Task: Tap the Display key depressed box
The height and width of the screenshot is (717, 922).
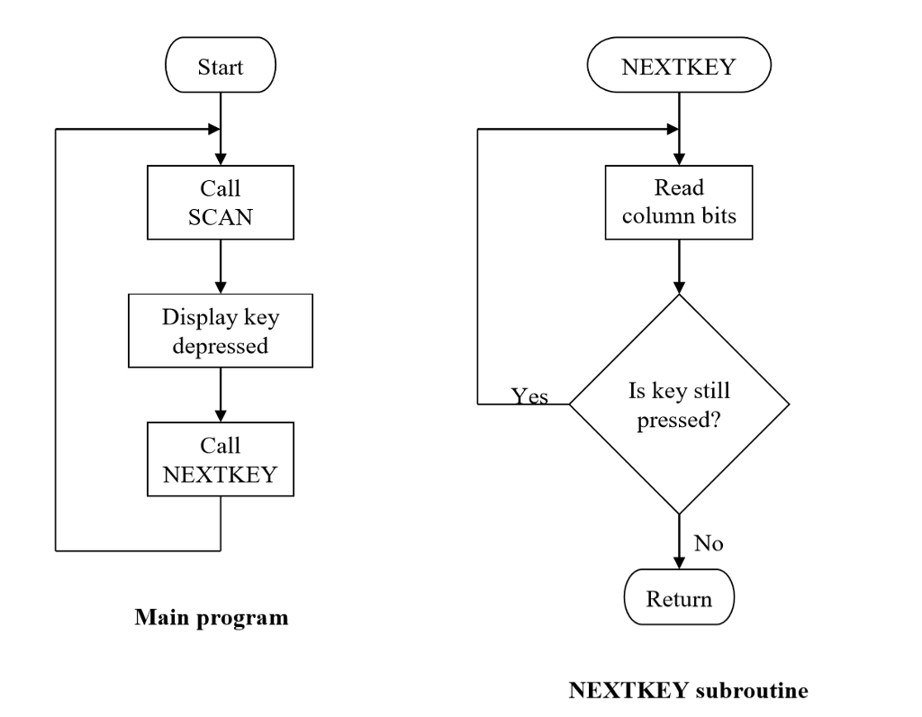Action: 221,331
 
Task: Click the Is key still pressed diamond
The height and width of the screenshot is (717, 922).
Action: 679,404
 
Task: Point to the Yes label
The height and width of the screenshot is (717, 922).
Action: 529,396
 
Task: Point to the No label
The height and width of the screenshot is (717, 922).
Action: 709,543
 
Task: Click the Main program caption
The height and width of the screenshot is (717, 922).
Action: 212,618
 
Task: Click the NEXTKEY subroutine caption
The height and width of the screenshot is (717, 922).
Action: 689,691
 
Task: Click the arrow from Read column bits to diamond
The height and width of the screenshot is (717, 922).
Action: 679,266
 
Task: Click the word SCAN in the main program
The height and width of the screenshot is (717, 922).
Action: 221,217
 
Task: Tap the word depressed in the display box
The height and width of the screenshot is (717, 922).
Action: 221,345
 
